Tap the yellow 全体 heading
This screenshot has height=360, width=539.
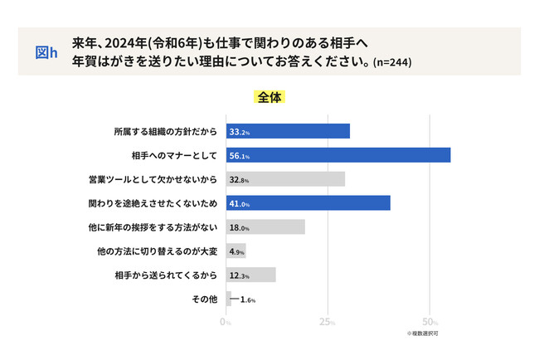269,97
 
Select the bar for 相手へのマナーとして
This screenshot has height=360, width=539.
338,155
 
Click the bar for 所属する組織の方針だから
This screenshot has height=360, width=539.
288,131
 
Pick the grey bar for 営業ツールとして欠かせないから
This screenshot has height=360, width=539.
285,179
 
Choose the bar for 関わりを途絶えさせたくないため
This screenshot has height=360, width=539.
308,203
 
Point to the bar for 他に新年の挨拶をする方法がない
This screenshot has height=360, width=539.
265,227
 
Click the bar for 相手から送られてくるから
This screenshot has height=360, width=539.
250,275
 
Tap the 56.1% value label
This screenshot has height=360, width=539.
240,156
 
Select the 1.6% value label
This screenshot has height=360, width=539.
248,299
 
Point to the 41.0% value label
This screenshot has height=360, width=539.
240,204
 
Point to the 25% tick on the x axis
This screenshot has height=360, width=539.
328,322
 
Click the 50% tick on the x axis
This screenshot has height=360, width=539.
430,322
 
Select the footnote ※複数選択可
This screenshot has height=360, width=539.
421,333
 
